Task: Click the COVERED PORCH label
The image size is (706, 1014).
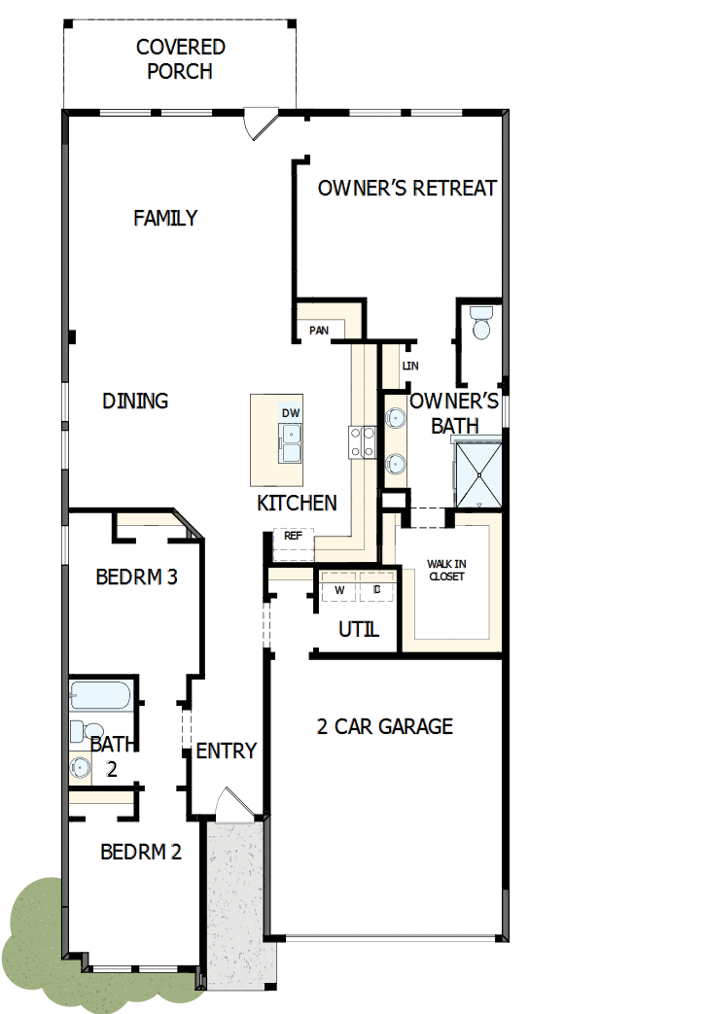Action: coord(180,59)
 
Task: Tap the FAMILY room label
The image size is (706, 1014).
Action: coord(165,218)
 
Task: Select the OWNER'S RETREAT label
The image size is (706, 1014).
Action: coord(406,188)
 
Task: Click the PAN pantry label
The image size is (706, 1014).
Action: coord(319,331)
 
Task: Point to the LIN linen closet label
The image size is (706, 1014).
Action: coord(409,366)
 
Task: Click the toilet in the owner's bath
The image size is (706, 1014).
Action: coord(480,323)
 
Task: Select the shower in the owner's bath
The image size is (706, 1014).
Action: coord(478,473)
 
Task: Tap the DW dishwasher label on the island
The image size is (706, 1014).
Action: coord(291,413)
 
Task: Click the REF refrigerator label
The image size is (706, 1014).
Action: coord(292,536)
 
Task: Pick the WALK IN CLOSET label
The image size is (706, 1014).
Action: coord(446,570)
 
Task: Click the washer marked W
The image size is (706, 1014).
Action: coord(339,590)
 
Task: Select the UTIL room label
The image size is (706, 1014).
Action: coord(358,629)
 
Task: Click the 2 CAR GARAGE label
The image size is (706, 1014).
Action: coord(385,726)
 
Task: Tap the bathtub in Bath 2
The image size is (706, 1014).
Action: coord(99,697)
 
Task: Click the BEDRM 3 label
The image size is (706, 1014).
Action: coord(136,577)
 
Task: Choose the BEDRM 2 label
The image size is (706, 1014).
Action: coord(141,852)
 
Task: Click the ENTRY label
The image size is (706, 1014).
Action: coord(226,751)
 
